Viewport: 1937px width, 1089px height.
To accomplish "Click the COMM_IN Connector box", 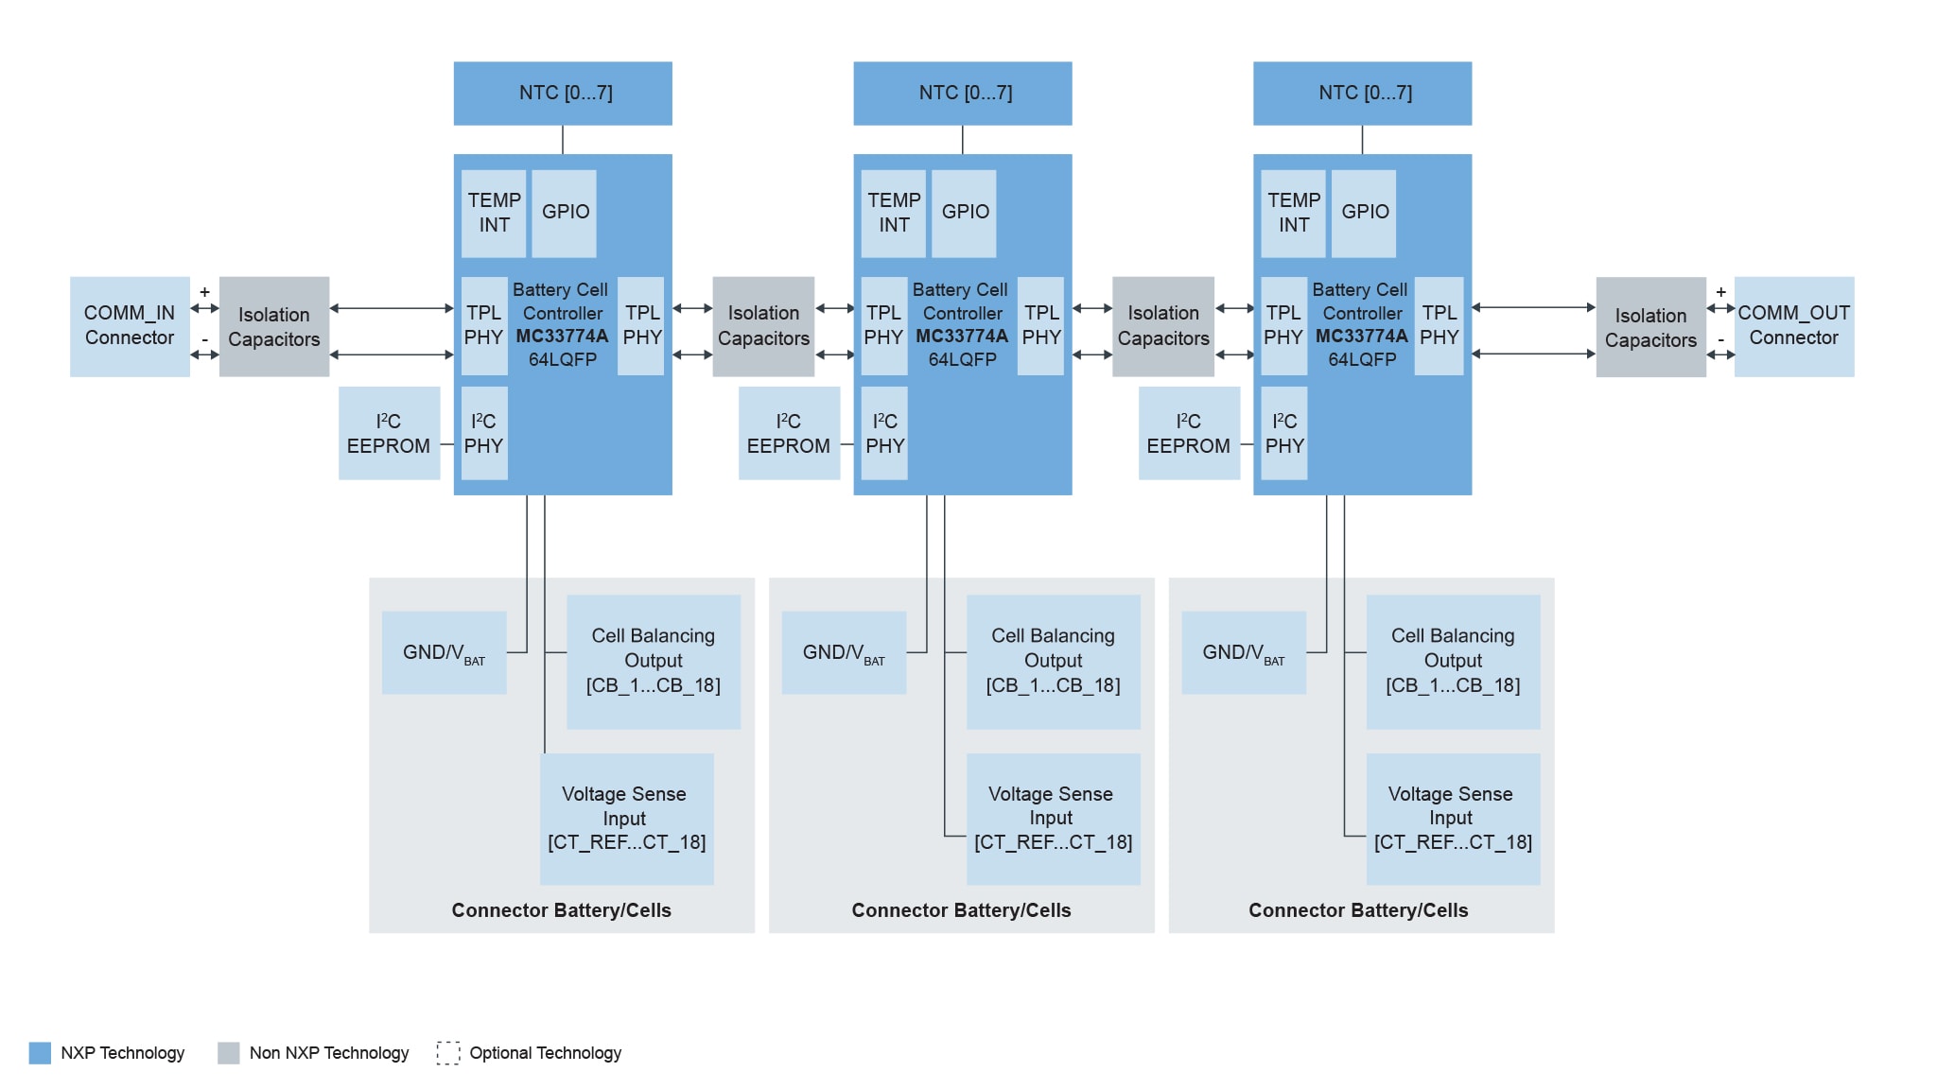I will point(130,326).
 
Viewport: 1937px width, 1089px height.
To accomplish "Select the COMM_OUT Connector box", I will point(1793,326).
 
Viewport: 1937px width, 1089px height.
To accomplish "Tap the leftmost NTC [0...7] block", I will point(563,93).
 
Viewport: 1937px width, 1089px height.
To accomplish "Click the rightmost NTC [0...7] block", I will point(1362,93).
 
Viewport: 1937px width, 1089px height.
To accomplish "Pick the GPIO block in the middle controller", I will point(964,213).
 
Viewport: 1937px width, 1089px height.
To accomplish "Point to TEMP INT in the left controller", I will point(494,213).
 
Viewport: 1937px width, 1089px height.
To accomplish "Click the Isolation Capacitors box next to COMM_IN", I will point(274,327).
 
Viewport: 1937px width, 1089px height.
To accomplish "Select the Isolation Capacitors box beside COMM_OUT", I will point(1650,327).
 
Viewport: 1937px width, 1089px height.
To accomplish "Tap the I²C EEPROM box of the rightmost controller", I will point(1189,433).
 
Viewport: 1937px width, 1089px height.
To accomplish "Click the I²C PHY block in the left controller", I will point(484,433).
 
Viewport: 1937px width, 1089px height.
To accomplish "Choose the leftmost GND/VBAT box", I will point(444,652).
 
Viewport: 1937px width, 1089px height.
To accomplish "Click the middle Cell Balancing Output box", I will point(1053,661).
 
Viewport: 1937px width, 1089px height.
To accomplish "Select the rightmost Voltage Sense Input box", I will point(1452,819).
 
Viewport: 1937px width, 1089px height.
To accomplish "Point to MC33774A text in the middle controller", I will point(962,336).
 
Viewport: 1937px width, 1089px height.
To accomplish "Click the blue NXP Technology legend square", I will point(40,1053).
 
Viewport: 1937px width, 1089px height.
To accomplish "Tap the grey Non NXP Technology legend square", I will point(228,1053).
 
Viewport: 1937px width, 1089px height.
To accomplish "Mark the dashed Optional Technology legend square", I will point(447,1053).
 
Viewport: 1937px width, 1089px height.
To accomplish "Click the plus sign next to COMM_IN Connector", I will point(204,292).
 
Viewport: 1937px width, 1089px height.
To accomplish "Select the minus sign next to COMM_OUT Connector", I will point(1720,339).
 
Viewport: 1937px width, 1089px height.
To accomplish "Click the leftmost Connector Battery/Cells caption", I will point(561,910).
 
